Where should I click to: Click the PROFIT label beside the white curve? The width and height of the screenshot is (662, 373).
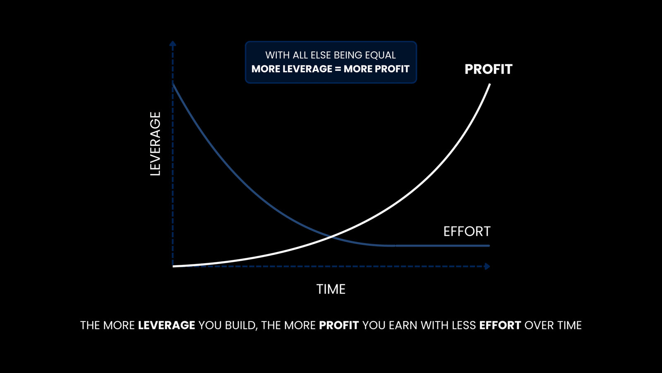point(489,69)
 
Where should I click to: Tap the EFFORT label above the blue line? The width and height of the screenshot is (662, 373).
point(467,231)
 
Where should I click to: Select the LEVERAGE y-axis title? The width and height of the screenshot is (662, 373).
point(156,143)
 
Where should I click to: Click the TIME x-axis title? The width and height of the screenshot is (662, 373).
point(331,289)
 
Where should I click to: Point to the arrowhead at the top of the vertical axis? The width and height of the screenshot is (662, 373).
point(173,44)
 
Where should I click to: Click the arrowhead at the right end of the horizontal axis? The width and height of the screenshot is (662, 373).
point(487,266)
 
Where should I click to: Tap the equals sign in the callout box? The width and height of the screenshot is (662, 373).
point(338,69)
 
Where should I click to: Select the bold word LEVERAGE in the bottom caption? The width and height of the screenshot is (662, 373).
point(166,325)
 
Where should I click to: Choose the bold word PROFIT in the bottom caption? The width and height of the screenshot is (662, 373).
point(339,325)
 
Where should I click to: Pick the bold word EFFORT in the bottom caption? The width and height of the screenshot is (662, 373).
point(500,325)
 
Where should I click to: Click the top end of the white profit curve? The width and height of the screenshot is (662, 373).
point(490,85)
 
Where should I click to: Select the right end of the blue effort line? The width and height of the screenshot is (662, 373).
point(489,246)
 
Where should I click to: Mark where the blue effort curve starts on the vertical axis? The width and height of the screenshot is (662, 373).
point(173,85)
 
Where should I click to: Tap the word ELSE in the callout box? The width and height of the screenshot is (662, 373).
point(321,55)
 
